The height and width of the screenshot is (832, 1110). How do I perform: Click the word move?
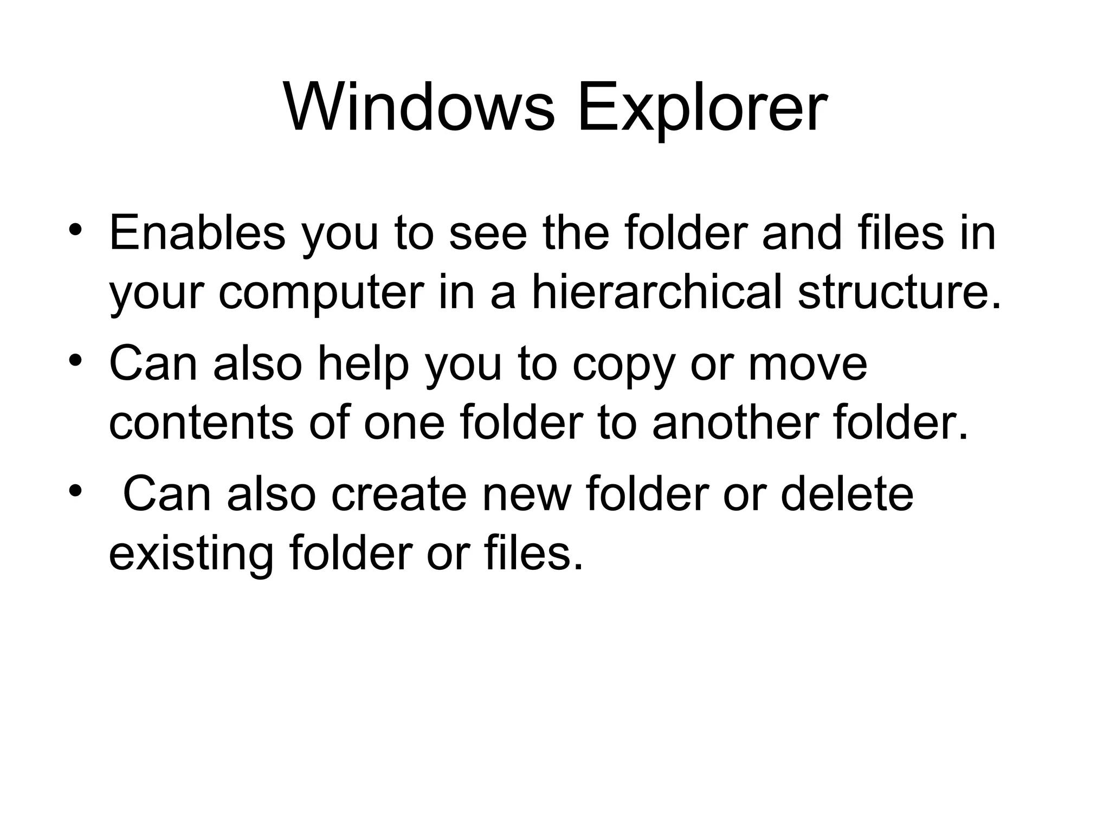click(x=808, y=366)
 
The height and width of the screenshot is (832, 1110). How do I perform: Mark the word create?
click(x=399, y=495)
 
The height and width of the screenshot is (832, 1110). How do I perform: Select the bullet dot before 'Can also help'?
click(x=75, y=359)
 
